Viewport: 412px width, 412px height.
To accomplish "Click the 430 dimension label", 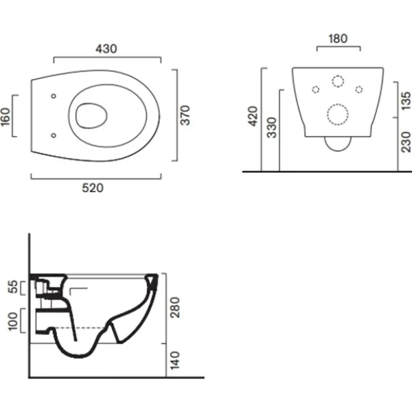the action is pyautogui.click(x=106, y=49).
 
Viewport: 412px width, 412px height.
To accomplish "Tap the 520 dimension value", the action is pyautogui.click(x=93, y=188).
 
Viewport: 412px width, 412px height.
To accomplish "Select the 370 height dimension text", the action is pyautogui.click(x=185, y=115).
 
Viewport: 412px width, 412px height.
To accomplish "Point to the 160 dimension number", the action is pyautogui.click(x=5, y=117).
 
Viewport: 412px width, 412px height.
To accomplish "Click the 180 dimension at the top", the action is pyautogui.click(x=338, y=38).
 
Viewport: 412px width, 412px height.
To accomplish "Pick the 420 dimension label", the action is pyautogui.click(x=253, y=116).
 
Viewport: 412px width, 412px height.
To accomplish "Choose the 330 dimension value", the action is pyautogui.click(x=272, y=128).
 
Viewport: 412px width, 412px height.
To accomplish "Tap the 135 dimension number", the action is pyautogui.click(x=407, y=101).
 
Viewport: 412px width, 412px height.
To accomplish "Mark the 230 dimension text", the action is pyautogui.click(x=407, y=142).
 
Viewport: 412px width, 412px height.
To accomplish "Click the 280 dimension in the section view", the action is pyautogui.click(x=175, y=308).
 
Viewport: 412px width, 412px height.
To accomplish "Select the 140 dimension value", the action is pyautogui.click(x=175, y=360).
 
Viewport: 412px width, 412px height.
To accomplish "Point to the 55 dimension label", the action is pyautogui.click(x=13, y=286).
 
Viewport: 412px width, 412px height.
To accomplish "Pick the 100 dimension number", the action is pyautogui.click(x=13, y=321).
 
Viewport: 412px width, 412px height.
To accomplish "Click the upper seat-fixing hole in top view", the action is pyautogui.click(x=54, y=96).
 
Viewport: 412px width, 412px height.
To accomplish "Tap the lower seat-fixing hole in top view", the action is pyautogui.click(x=54, y=135).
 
